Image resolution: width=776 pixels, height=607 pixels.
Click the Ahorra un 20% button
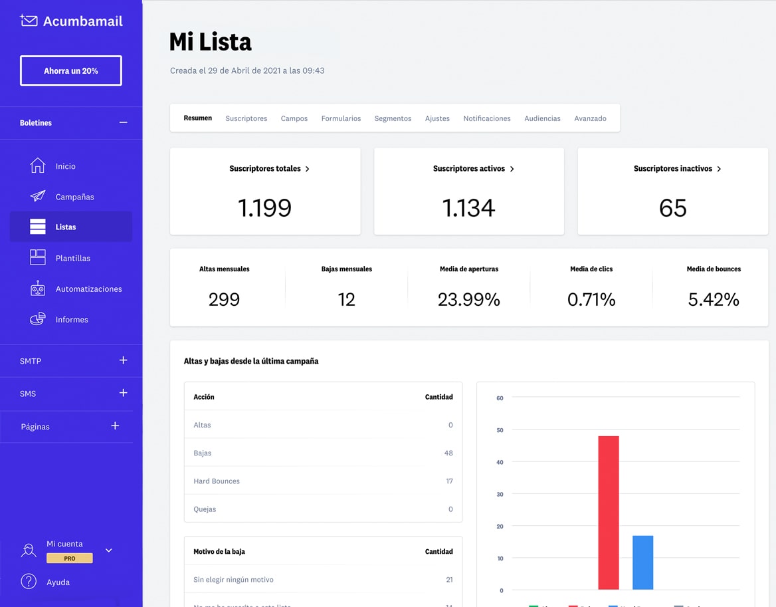[x=70, y=70]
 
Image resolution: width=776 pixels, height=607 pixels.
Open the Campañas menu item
[x=74, y=197]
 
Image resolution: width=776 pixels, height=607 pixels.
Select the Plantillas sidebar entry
[x=72, y=258]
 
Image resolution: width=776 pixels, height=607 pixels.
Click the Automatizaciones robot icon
[x=38, y=289]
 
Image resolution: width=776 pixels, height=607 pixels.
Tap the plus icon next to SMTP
[x=123, y=360]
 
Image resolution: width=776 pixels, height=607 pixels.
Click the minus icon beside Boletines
[x=123, y=123]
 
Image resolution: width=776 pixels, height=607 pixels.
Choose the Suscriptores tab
[x=246, y=118]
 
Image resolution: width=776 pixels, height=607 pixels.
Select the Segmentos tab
[x=393, y=118]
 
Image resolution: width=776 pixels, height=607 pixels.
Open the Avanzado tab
[x=590, y=118]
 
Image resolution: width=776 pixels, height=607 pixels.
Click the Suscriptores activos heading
[x=469, y=169]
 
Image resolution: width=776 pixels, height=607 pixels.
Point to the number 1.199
[x=264, y=208]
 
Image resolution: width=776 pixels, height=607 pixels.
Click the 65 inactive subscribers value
[x=672, y=208]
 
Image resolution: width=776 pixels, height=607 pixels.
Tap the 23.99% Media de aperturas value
[x=468, y=300]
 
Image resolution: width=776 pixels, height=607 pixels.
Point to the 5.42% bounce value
[x=714, y=300]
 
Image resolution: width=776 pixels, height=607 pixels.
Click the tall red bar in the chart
[x=609, y=512]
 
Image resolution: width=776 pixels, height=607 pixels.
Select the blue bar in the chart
[x=642, y=562]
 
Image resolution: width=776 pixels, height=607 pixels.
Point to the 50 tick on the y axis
[x=500, y=430]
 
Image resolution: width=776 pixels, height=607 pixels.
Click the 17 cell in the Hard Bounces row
[x=449, y=481]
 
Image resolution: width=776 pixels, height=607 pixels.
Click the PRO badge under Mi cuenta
[x=69, y=558]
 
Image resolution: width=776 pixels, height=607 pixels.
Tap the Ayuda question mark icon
[x=29, y=582]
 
